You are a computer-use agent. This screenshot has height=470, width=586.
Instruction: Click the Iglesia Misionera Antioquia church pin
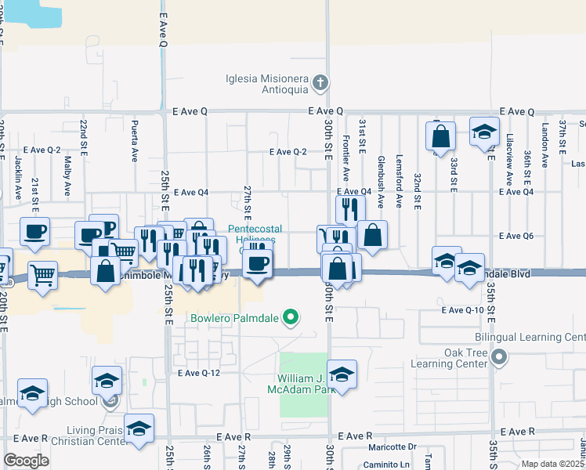(320, 82)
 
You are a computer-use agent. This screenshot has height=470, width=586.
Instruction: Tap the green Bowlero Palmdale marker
(291, 318)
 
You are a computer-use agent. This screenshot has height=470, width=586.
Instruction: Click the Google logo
(26, 461)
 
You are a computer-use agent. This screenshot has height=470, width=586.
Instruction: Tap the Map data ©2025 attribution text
(552, 464)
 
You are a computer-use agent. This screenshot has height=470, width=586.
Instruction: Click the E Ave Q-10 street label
(464, 310)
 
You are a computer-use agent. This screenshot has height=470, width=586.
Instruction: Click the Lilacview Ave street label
(510, 152)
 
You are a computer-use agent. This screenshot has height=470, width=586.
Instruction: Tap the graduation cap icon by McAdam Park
(342, 375)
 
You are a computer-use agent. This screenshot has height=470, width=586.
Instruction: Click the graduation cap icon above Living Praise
(139, 428)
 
